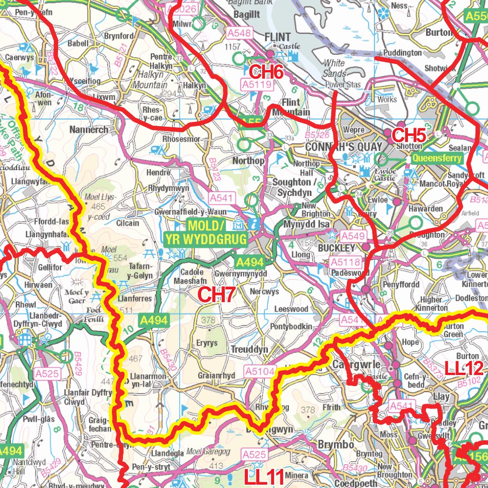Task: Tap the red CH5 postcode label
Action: [x=408, y=135]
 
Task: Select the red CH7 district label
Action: [x=216, y=295]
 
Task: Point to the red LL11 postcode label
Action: [x=264, y=476]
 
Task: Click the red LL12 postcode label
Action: [x=464, y=368]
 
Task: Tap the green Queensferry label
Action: [x=437, y=158]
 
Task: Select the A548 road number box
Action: [x=239, y=33]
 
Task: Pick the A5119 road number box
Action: [x=257, y=84]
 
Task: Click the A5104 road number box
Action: [x=260, y=371]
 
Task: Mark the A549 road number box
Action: [x=353, y=235]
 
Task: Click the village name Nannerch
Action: [x=89, y=129]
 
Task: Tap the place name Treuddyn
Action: [x=249, y=349]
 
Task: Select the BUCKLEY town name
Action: [x=336, y=248]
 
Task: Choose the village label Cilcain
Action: [x=128, y=223]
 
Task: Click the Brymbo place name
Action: [x=336, y=444]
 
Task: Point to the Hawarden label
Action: [x=426, y=208]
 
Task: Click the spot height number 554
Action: [x=120, y=257]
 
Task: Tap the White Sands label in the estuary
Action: [x=335, y=68]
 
